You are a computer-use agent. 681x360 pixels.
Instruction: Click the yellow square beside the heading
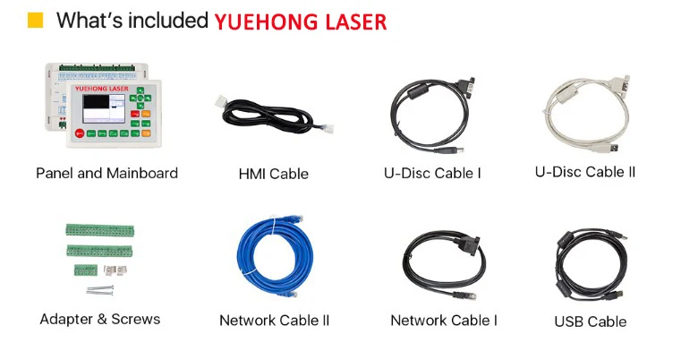click(x=36, y=21)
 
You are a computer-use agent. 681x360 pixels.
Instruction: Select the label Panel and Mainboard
click(x=106, y=173)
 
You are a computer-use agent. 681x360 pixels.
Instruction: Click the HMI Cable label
click(x=273, y=174)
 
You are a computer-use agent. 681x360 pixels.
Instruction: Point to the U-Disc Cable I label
click(x=432, y=174)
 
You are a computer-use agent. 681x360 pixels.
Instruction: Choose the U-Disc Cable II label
click(x=585, y=171)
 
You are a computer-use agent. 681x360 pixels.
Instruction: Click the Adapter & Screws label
click(x=100, y=319)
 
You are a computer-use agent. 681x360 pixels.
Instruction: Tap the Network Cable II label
click(x=275, y=320)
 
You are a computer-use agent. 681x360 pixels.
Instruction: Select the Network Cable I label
click(x=444, y=320)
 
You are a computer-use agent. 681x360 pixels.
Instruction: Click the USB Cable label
click(x=590, y=321)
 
